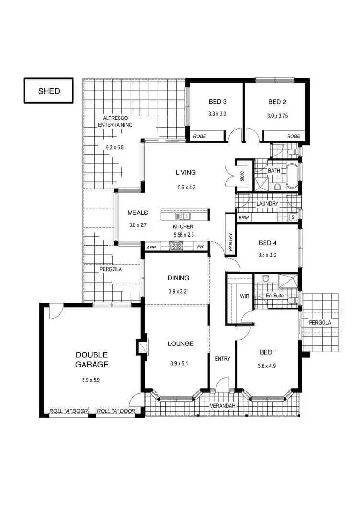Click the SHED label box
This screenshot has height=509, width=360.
pos(49,91)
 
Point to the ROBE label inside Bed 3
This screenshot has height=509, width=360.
pos(199,137)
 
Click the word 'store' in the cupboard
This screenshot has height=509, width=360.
pos(242,176)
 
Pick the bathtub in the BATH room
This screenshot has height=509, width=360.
pos(291,176)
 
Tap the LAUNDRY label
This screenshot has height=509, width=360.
pos(267,204)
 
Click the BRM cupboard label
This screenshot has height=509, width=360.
pos(243,218)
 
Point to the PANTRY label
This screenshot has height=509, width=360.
pos(231,242)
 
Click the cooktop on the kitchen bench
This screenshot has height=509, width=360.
pos(176,247)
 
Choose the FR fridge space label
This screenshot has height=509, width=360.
pos(200,247)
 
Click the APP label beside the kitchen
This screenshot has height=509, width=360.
pos(151,247)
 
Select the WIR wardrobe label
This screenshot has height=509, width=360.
pos(245,296)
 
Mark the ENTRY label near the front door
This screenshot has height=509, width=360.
pos(222,358)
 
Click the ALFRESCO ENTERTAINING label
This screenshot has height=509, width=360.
pos(115,121)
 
